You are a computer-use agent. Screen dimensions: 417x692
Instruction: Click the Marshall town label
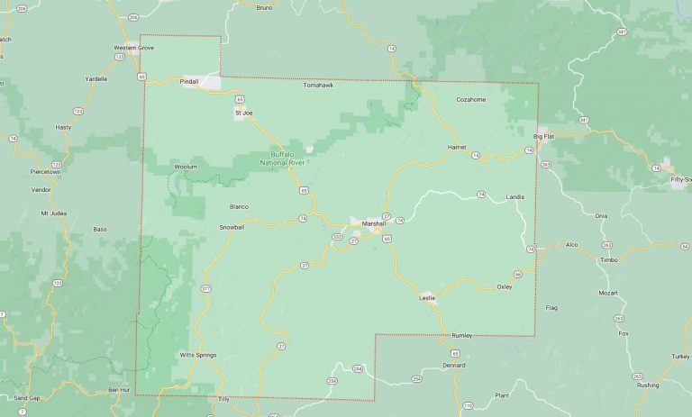tap(373, 223)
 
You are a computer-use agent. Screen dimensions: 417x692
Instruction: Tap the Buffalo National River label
tap(283, 158)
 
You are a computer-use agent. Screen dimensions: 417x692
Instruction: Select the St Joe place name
tap(244, 113)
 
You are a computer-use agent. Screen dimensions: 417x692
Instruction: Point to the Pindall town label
tap(189, 81)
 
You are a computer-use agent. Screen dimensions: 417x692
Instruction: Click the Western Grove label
tap(133, 47)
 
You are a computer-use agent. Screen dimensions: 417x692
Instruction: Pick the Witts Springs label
tap(198, 355)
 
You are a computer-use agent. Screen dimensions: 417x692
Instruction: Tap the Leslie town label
tap(427, 297)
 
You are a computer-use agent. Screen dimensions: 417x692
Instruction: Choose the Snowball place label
tap(232, 227)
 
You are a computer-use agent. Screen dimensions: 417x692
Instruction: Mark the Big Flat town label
tap(544, 136)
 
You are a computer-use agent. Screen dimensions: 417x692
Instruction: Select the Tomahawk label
tap(318, 86)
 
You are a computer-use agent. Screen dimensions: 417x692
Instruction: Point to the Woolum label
tap(186, 167)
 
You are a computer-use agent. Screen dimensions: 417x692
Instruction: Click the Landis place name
tap(514, 196)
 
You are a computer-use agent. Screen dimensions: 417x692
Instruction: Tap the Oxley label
tap(504, 286)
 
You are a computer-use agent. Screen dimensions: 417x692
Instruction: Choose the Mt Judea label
tap(55, 213)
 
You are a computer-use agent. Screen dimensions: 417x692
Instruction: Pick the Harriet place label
tap(456, 147)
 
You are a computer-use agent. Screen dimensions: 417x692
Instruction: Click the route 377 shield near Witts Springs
tap(205, 288)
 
